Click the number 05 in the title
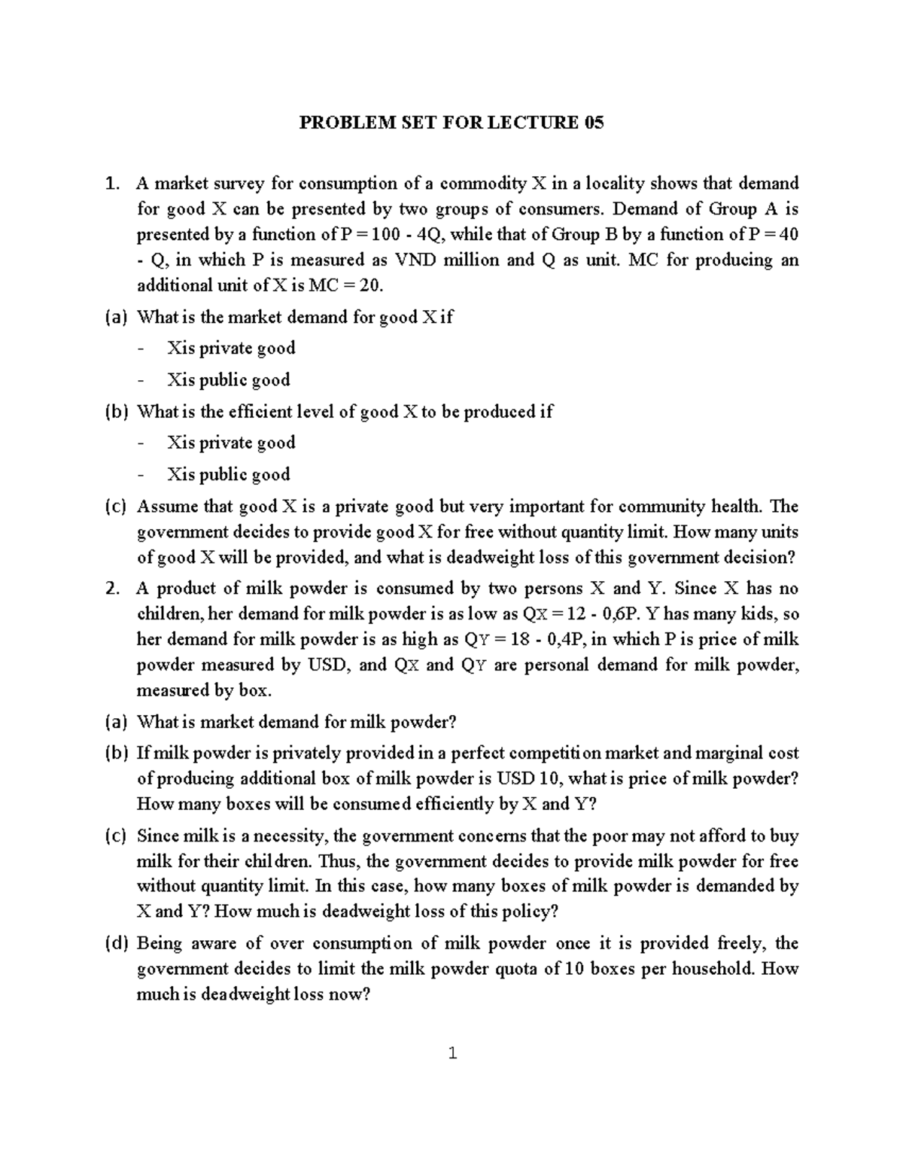coord(593,123)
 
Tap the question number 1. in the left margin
coord(113,184)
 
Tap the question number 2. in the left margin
coord(113,589)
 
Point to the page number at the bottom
coord(451,1053)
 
